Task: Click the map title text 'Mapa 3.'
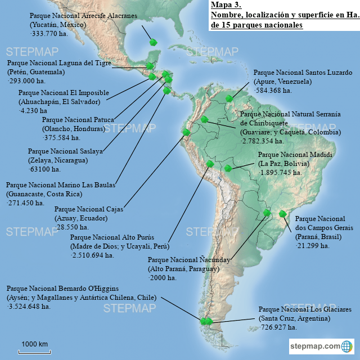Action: [x=223, y=6]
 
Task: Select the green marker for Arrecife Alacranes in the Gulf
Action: [x=152, y=42]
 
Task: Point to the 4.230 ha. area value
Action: [x=32, y=111]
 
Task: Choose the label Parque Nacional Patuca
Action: [x=78, y=119]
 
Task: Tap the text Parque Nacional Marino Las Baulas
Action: [x=60, y=184]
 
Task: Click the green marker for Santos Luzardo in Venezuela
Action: [x=229, y=99]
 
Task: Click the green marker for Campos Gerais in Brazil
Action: [x=282, y=214]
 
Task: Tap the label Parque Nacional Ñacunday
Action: [x=182, y=260]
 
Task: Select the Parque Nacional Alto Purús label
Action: [x=112, y=237]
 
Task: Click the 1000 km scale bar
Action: [x=34, y=352]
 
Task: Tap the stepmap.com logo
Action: [x=321, y=345]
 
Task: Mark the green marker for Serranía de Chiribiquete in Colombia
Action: [x=205, y=119]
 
